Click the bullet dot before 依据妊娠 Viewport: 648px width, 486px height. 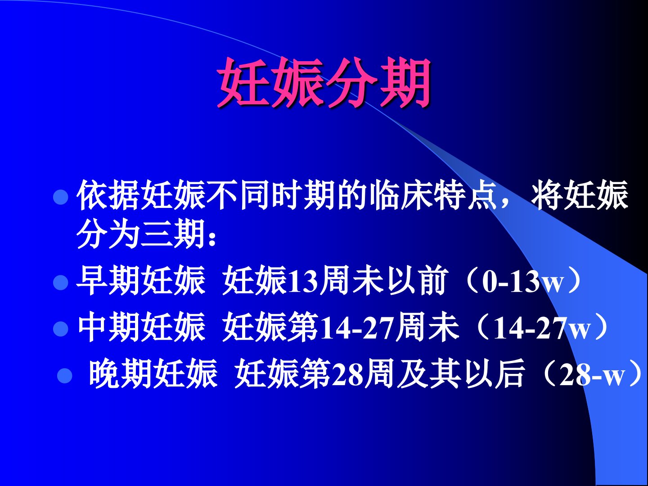coord(61,197)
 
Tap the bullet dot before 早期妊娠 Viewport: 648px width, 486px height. coord(61,283)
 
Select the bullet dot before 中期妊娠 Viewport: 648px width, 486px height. coord(61,328)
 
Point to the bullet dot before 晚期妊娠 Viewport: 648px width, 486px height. coord(64,375)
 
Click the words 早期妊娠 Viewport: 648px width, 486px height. coord(141,281)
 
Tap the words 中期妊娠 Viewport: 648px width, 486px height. coord(141,327)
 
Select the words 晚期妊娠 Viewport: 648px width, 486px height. coord(153,373)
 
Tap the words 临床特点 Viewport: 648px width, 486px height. coord(434,195)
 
